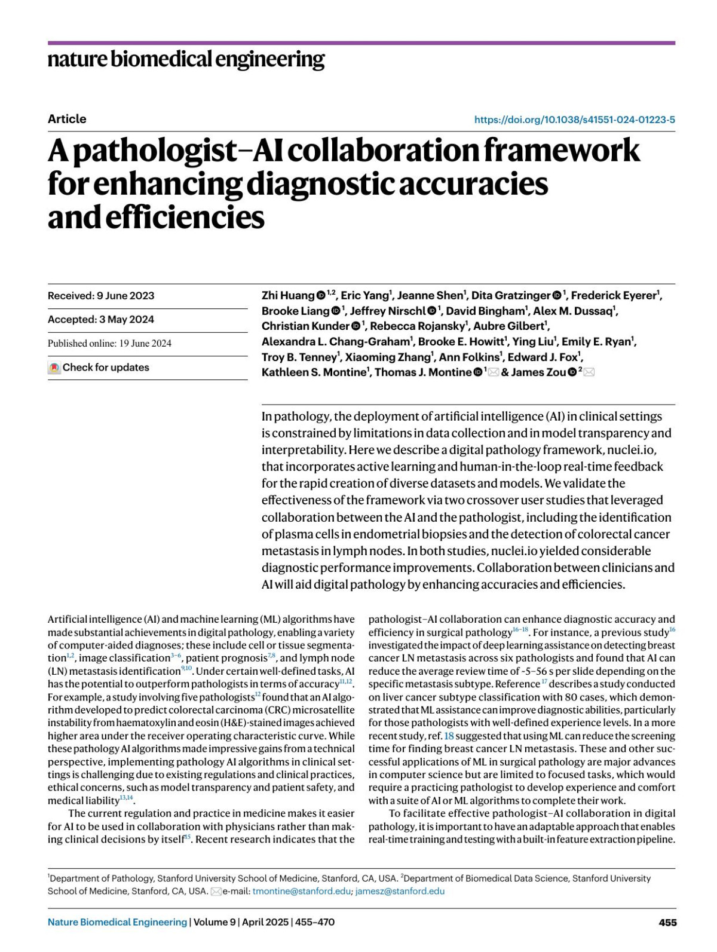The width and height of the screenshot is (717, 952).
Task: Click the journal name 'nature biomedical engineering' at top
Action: [x=186, y=60]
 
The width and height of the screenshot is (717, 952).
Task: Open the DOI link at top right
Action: [x=574, y=120]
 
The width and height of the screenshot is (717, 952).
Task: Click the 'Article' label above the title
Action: [x=67, y=119]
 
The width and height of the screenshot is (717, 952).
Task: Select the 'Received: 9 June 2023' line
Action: [x=101, y=296]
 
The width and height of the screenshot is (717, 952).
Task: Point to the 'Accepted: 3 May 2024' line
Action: [x=101, y=319]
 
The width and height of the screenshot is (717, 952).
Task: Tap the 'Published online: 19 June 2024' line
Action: [x=109, y=343]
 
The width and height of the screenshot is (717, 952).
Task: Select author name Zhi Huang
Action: [x=288, y=295]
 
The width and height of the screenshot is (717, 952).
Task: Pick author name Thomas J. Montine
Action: [x=423, y=372]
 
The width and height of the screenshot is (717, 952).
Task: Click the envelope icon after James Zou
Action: [x=589, y=372]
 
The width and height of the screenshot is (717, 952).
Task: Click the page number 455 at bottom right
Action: [x=667, y=922]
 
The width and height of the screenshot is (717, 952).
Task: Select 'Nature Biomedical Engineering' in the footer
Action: [x=117, y=922]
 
